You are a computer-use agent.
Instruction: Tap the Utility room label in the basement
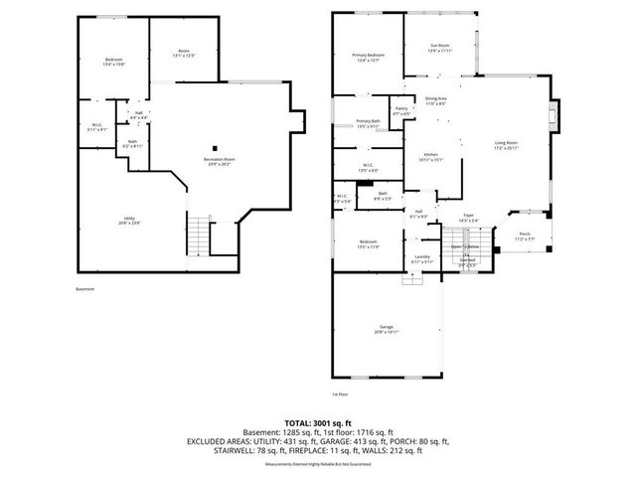(130, 220)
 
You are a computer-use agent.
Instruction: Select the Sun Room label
(439, 48)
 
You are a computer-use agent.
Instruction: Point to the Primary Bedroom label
(368, 57)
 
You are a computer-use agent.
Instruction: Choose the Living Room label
(507, 146)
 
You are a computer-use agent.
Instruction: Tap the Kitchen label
(432, 157)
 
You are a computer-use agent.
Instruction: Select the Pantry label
(401, 110)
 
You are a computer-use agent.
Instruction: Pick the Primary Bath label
(368, 123)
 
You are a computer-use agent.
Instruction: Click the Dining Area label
(435, 100)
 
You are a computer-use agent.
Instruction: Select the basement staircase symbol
(201, 236)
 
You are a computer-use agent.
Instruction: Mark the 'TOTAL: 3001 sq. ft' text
(317, 422)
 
